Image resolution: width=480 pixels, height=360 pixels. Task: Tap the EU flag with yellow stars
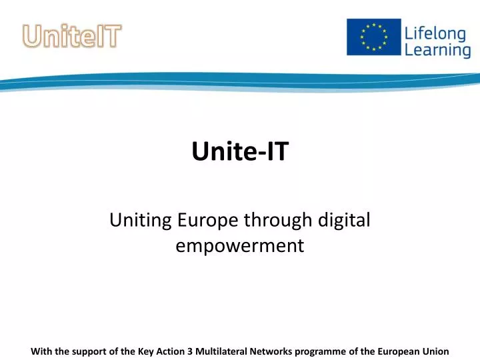tap(373, 37)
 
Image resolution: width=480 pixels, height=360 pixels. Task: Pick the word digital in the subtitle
tap(346, 221)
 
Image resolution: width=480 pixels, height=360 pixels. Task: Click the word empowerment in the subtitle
tap(240, 246)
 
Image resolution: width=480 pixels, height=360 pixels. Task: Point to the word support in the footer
tap(90, 350)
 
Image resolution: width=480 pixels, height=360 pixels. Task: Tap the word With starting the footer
tap(41, 350)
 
